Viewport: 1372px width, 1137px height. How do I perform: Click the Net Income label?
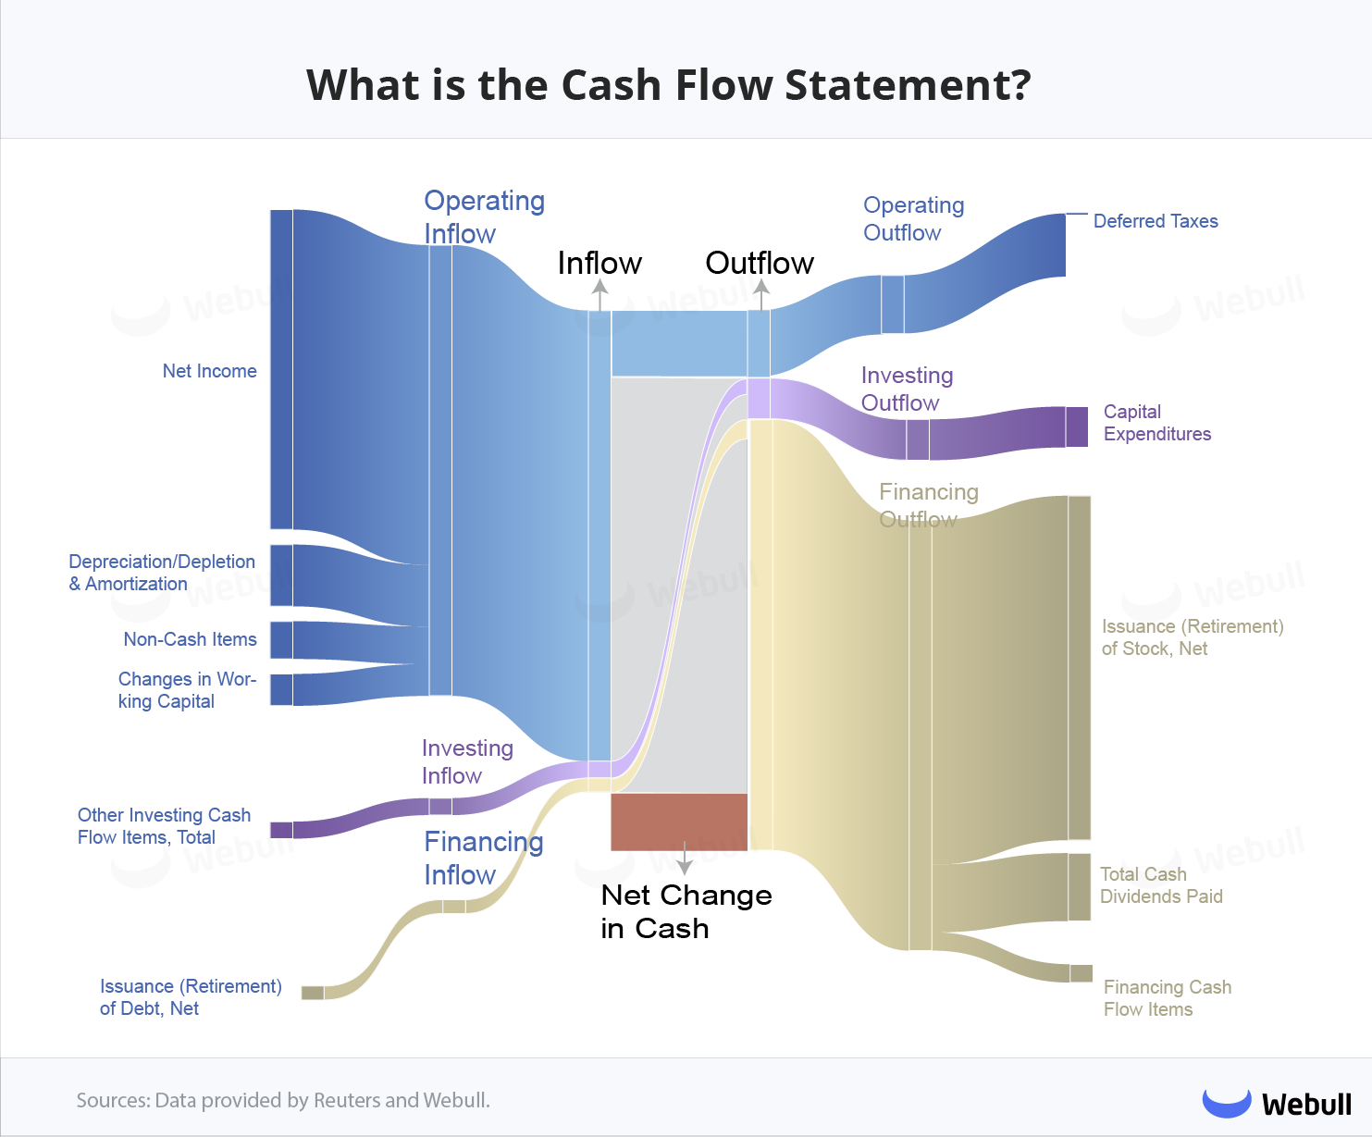tap(210, 371)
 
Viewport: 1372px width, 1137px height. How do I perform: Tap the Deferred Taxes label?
tap(1156, 221)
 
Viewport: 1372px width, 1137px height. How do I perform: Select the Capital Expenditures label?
tap(1156, 423)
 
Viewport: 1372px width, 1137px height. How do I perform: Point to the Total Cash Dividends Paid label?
tap(1161, 885)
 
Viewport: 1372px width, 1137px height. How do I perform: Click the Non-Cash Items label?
tap(190, 639)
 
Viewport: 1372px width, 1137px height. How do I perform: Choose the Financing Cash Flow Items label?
tap(1167, 998)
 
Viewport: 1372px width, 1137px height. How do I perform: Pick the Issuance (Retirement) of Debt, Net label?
tap(191, 997)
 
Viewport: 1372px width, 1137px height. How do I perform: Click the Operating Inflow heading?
tap(484, 216)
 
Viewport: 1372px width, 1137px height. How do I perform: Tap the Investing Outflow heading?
tap(907, 389)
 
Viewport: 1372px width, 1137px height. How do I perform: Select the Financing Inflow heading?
tap(483, 858)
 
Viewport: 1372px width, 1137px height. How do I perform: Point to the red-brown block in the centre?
tap(679, 822)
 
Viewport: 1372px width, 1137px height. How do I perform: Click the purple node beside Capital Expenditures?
tap(1077, 426)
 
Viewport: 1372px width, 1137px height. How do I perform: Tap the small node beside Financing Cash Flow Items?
tap(1082, 973)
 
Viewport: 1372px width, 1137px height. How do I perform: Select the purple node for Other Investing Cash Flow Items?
tap(281, 830)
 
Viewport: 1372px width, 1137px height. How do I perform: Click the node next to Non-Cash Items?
tap(281, 640)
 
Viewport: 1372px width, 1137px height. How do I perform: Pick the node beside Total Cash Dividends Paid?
tap(1080, 887)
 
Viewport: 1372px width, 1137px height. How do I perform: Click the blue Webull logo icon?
tap(1226, 1103)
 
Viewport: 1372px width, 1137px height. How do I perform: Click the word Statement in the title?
tap(908, 85)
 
